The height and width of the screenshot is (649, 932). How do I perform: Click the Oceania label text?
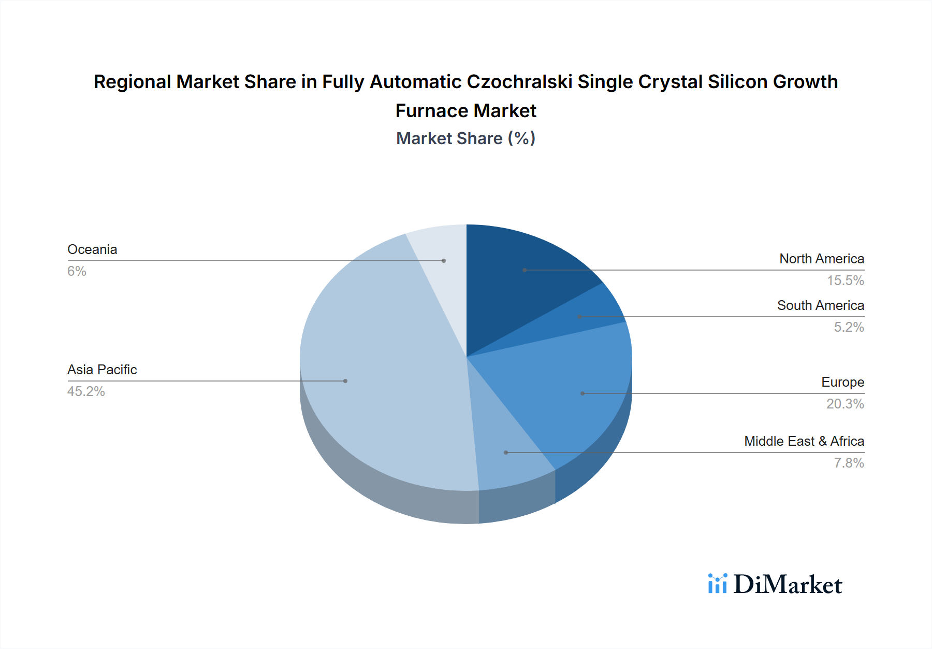click(92, 249)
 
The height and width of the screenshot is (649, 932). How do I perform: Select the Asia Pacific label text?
click(102, 370)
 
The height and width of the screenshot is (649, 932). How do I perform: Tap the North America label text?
click(822, 259)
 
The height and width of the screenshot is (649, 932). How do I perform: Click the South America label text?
click(821, 305)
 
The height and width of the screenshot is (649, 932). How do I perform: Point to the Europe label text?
click(842, 382)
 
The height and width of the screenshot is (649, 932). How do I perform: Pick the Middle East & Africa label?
click(804, 441)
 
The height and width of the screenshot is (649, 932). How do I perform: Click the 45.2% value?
click(86, 391)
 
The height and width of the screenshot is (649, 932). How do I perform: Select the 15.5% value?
click(845, 280)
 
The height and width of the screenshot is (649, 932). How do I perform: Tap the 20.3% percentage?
click(845, 404)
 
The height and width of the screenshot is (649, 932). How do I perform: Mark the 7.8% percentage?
click(849, 463)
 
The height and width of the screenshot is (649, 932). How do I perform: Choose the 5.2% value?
click(849, 327)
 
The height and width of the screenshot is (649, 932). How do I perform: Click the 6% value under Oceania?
click(77, 271)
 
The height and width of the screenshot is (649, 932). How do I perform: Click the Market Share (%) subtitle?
click(465, 138)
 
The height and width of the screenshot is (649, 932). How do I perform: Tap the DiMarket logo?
click(775, 584)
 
